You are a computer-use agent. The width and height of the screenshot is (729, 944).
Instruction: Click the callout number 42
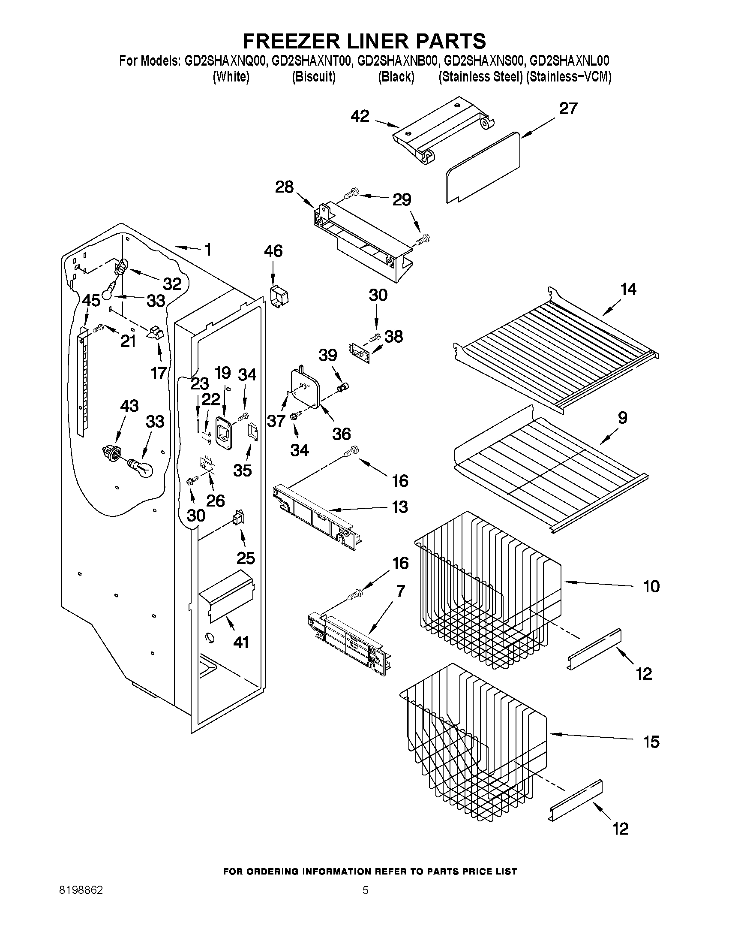360,116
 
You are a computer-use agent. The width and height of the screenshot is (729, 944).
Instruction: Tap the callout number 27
568,108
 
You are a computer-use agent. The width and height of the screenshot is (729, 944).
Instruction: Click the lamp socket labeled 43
113,452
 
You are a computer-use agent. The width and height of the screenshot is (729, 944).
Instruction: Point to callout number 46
273,251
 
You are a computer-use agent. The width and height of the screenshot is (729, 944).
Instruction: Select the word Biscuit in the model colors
314,77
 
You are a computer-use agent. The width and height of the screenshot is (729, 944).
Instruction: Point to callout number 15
651,742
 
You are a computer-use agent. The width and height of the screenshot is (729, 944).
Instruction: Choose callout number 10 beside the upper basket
651,586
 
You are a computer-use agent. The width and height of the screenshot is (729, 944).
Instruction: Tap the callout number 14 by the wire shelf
628,289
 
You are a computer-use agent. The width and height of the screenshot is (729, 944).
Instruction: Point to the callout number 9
622,417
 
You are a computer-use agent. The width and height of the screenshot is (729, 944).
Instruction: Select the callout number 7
401,591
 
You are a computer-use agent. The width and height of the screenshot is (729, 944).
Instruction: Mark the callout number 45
92,300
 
